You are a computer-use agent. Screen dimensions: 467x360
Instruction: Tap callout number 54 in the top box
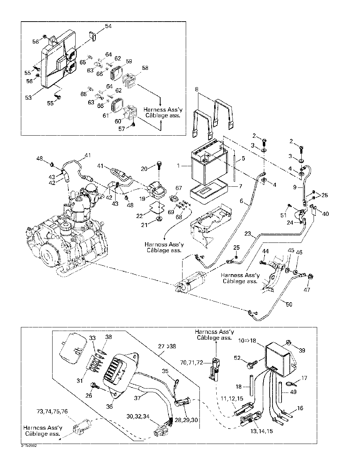click(108, 26)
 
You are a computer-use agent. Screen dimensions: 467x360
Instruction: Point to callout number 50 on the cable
click(289, 304)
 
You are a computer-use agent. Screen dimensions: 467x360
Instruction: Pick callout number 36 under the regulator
click(109, 407)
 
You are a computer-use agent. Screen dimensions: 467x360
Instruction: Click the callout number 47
click(307, 289)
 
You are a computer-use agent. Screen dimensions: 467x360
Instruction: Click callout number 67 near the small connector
click(179, 188)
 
